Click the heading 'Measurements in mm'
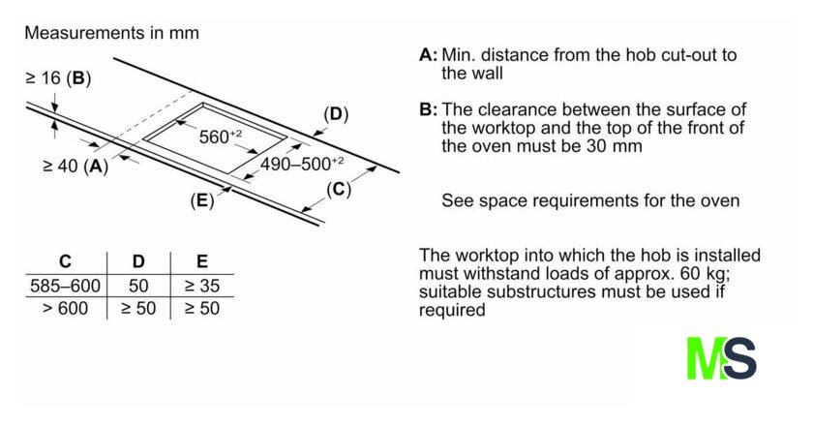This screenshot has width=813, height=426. coord(111,33)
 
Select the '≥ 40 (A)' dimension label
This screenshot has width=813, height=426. coord(75,166)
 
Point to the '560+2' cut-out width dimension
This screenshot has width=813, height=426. coord(221,137)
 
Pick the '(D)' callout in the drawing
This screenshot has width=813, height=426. coord(335,115)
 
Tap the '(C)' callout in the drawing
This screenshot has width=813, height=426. coord(337,189)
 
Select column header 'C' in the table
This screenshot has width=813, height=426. coord(65,261)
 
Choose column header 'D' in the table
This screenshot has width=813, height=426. coord(138,261)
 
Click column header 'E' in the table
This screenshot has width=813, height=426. coord(201,261)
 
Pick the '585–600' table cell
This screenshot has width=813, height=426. coord(65,286)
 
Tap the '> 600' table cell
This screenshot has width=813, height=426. coord(65,309)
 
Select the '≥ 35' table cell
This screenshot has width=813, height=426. coord(201,286)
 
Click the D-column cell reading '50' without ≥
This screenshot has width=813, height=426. coord(138,286)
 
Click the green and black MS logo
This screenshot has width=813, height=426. coord(721,357)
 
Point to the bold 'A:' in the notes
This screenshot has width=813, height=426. coord(429,55)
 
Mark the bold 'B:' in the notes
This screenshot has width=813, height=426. coord(429,109)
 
